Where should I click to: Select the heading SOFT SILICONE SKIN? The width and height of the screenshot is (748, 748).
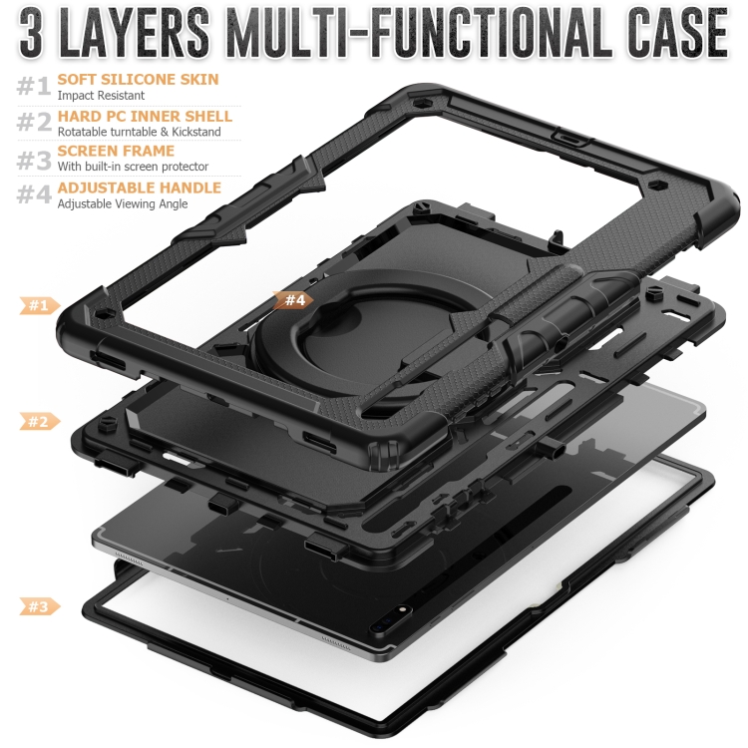coord(138,79)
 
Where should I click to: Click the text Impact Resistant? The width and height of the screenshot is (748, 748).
coord(101,96)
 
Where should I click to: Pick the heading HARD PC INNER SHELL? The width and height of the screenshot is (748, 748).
coord(145,116)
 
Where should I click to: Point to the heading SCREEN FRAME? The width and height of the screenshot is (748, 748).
coord(116,151)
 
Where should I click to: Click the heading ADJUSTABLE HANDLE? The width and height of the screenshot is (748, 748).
coord(140,187)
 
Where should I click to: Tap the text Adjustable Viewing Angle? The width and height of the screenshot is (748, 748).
coord(123,204)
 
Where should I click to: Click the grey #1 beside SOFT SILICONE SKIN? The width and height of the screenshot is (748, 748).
coord(34,87)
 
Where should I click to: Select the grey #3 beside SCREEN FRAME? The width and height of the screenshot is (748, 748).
coord(34,160)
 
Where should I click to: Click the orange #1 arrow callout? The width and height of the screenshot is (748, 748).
coord(40,305)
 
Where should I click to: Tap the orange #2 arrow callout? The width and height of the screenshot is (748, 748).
coord(40,422)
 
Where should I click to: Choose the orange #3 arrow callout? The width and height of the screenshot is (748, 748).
coord(40,606)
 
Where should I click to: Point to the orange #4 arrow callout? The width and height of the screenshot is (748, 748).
coord(293,300)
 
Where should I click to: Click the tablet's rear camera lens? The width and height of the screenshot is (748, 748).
coord(403,610)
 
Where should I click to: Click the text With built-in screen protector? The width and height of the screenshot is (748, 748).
coord(133,167)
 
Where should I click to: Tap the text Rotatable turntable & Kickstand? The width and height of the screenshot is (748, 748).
coord(140,132)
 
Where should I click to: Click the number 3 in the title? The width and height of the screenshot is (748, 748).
coord(31,33)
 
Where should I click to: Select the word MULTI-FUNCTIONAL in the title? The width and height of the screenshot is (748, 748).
coord(419,33)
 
